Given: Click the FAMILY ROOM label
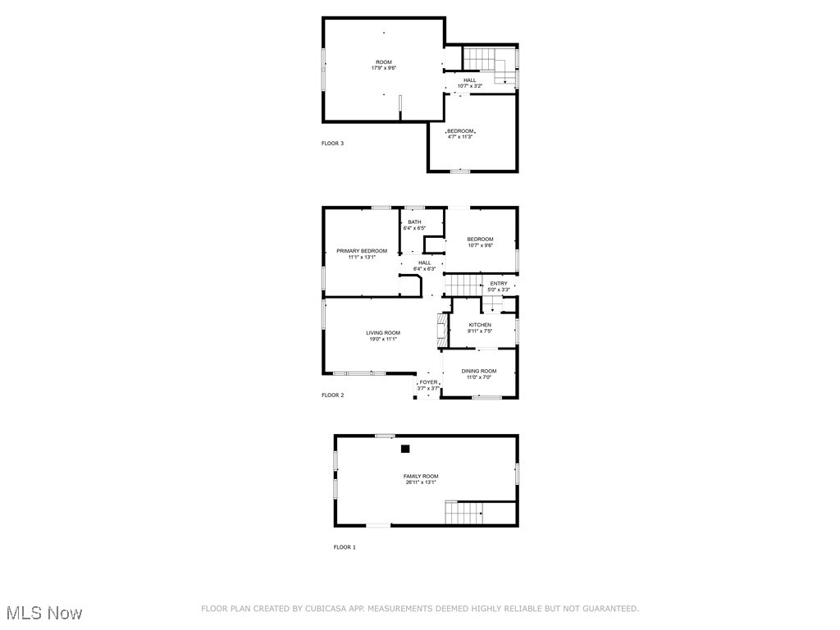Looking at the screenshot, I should [420, 476].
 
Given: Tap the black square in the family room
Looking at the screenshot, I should [405, 449].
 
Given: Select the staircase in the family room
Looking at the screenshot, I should [463, 513].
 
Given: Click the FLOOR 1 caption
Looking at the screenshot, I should [345, 547].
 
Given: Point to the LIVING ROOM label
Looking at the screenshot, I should [383, 332].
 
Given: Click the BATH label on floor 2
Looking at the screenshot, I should [414, 222].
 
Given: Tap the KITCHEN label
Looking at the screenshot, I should [480, 325].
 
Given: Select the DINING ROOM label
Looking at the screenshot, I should [479, 371].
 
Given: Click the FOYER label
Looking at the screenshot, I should [428, 382].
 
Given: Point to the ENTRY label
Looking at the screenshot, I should [499, 284].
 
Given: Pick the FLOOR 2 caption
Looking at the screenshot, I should [332, 395].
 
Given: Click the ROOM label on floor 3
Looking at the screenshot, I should [384, 62].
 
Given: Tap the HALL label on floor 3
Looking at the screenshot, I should [469, 80].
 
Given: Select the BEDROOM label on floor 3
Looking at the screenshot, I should [460, 131].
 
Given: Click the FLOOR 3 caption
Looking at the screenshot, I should [332, 144].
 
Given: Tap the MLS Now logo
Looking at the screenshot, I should [43, 613].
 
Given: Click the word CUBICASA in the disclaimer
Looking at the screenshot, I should [325, 609].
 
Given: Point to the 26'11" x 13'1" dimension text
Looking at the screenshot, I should [420, 482].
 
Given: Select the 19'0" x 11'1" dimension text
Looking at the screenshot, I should [383, 339].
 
